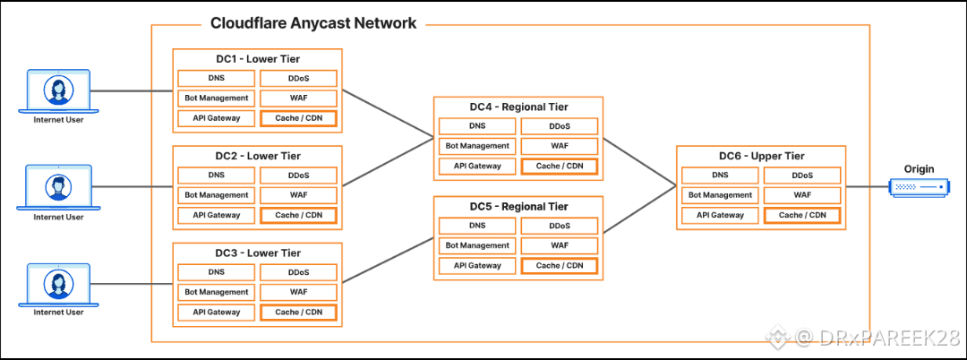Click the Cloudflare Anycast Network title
point(312,23)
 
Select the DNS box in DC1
point(216,79)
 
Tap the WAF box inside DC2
point(298,195)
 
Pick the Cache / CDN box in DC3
point(298,313)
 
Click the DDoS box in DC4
point(560,126)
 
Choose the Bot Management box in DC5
point(477,245)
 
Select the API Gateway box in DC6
point(721,215)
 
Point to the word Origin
point(918,168)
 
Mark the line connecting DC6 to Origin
point(866,187)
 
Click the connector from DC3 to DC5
point(387,259)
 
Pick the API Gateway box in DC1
point(216,117)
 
